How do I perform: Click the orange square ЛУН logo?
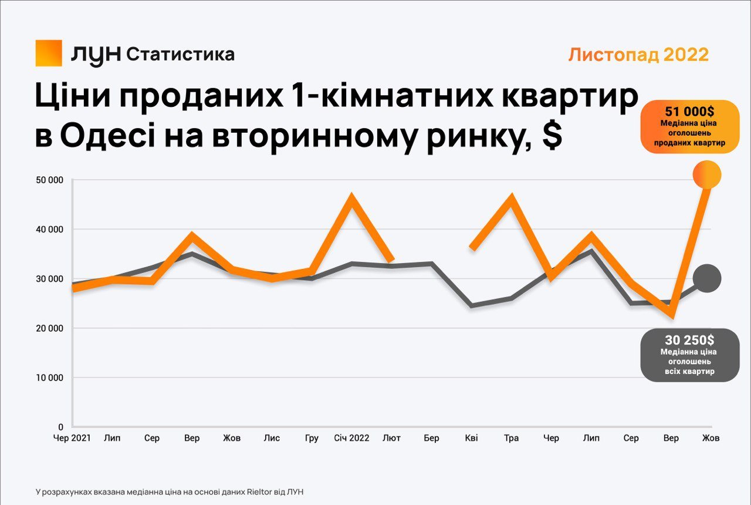coord(49,53)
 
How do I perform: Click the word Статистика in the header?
coord(180,55)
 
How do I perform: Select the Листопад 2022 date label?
coord(638,55)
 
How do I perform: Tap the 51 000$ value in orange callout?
coord(689,112)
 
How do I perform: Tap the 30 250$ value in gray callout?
coord(689,340)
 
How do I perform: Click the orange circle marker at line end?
coord(706,174)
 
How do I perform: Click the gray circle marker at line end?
coord(706,278)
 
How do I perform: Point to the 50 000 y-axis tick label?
coord(51,180)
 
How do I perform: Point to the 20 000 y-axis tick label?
coord(51,328)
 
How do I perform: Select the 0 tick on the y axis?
coord(60,427)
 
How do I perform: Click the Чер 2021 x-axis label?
coord(72,438)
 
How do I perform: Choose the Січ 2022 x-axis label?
coord(351,438)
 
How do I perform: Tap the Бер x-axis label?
coord(431,438)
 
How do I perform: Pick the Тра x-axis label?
coord(511,438)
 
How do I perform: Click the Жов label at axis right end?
coord(711,438)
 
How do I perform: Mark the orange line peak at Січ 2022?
coord(351,199)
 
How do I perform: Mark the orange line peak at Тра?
coord(512,199)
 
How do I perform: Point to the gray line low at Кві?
coord(472,306)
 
